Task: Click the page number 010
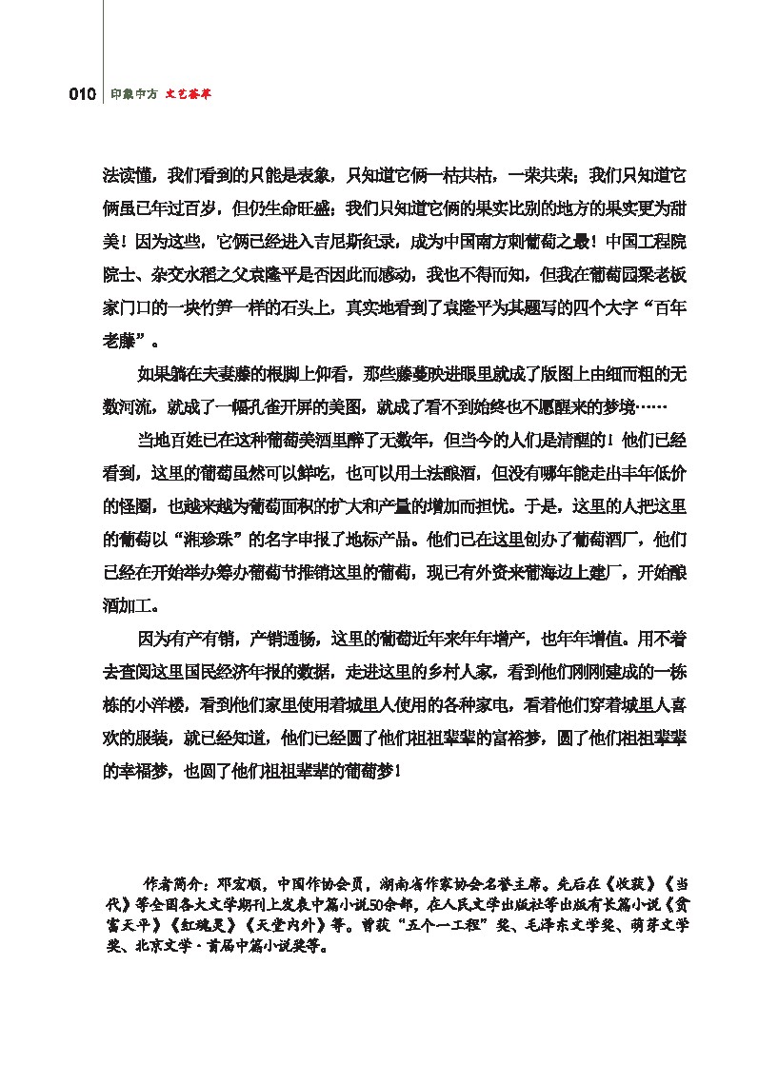82,94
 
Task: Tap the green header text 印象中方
131,94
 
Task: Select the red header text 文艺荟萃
188,94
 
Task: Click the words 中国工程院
647,241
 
